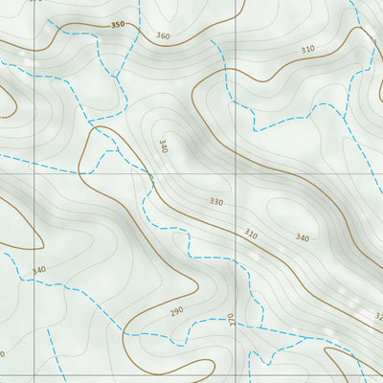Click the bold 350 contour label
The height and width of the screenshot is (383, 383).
click(x=117, y=25)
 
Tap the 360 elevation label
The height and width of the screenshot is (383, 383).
click(x=162, y=36)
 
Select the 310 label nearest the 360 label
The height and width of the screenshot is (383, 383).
click(x=307, y=49)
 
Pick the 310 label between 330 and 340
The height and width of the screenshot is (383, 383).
click(x=251, y=234)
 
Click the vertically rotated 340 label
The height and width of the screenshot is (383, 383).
click(x=164, y=146)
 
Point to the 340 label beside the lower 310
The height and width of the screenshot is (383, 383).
click(x=303, y=237)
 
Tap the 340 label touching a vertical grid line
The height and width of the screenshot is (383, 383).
click(x=39, y=271)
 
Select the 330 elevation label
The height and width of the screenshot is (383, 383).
click(x=215, y=202)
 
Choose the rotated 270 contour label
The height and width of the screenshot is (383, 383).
click(x=231, y=319)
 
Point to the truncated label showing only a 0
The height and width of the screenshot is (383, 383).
click(x=3, y=354)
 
